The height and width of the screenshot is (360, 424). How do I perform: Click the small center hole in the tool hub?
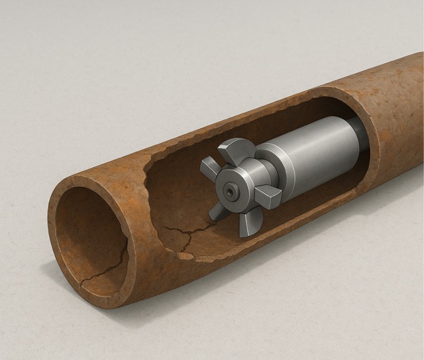[231, 190]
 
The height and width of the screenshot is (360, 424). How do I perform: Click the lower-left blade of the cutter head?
[217, 211]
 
